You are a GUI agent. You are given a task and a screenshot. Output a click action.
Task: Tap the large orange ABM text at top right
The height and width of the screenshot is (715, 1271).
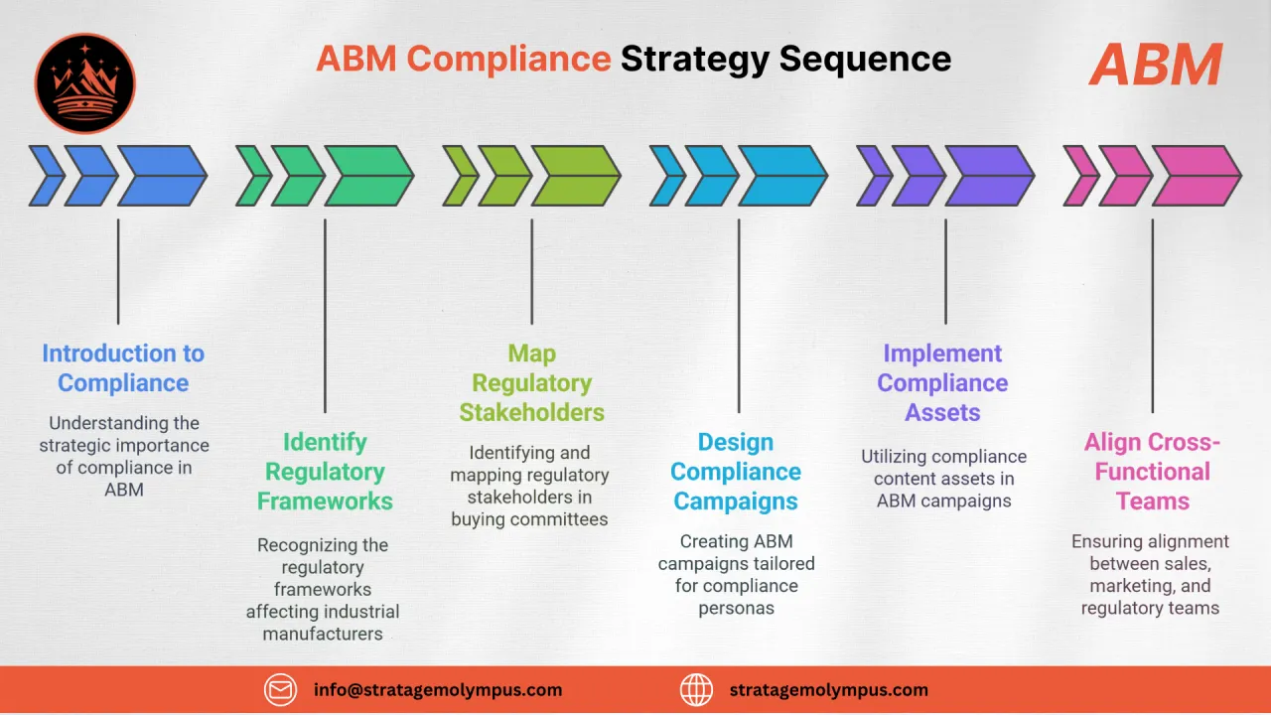tap(1155, 67)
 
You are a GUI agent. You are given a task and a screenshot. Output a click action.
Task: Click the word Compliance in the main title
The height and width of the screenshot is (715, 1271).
tap(511, 60)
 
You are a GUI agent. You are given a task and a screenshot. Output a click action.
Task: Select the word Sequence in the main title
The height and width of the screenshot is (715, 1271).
tap(865, 60)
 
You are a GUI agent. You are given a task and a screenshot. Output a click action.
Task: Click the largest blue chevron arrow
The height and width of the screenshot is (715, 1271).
tap(161, 176)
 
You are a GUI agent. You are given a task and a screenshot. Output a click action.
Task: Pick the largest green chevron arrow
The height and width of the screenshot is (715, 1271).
tap(367, 176)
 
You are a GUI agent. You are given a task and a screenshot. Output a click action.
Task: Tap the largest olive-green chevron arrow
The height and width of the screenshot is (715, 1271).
tap(574, 176)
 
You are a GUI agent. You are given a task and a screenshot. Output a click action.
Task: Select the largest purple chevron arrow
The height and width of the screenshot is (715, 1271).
tap(988, 176)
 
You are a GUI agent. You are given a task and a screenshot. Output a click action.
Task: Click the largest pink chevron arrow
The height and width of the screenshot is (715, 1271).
tap(1195, 176)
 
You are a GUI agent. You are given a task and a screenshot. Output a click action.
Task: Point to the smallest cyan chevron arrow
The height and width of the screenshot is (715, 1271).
tap(665, 176)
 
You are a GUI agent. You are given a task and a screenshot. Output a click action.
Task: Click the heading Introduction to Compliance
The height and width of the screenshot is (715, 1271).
tap(123, 368)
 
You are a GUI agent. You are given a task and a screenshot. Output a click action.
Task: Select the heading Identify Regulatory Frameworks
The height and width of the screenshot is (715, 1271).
tap(325, 472)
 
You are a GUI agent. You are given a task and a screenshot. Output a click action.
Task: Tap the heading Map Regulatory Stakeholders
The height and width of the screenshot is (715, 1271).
tap(531, 383)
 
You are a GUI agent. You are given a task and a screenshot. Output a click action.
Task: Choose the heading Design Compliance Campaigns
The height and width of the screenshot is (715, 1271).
tap(736, 472)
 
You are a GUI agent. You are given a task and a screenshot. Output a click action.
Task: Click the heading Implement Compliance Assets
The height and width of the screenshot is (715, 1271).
tap(942, 383)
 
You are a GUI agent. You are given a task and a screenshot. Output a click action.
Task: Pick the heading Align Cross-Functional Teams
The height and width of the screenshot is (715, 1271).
tap(1152, 472)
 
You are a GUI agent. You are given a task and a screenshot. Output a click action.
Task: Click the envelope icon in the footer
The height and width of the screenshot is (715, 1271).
tap(280, 689)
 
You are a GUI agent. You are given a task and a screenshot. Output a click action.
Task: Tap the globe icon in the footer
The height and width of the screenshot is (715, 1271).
tap(696, 689)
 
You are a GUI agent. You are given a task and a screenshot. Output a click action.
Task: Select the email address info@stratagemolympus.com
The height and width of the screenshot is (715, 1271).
tap(438, 689)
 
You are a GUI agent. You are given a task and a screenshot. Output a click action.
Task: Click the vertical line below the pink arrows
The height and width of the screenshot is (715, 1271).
tap(1152, 315)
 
